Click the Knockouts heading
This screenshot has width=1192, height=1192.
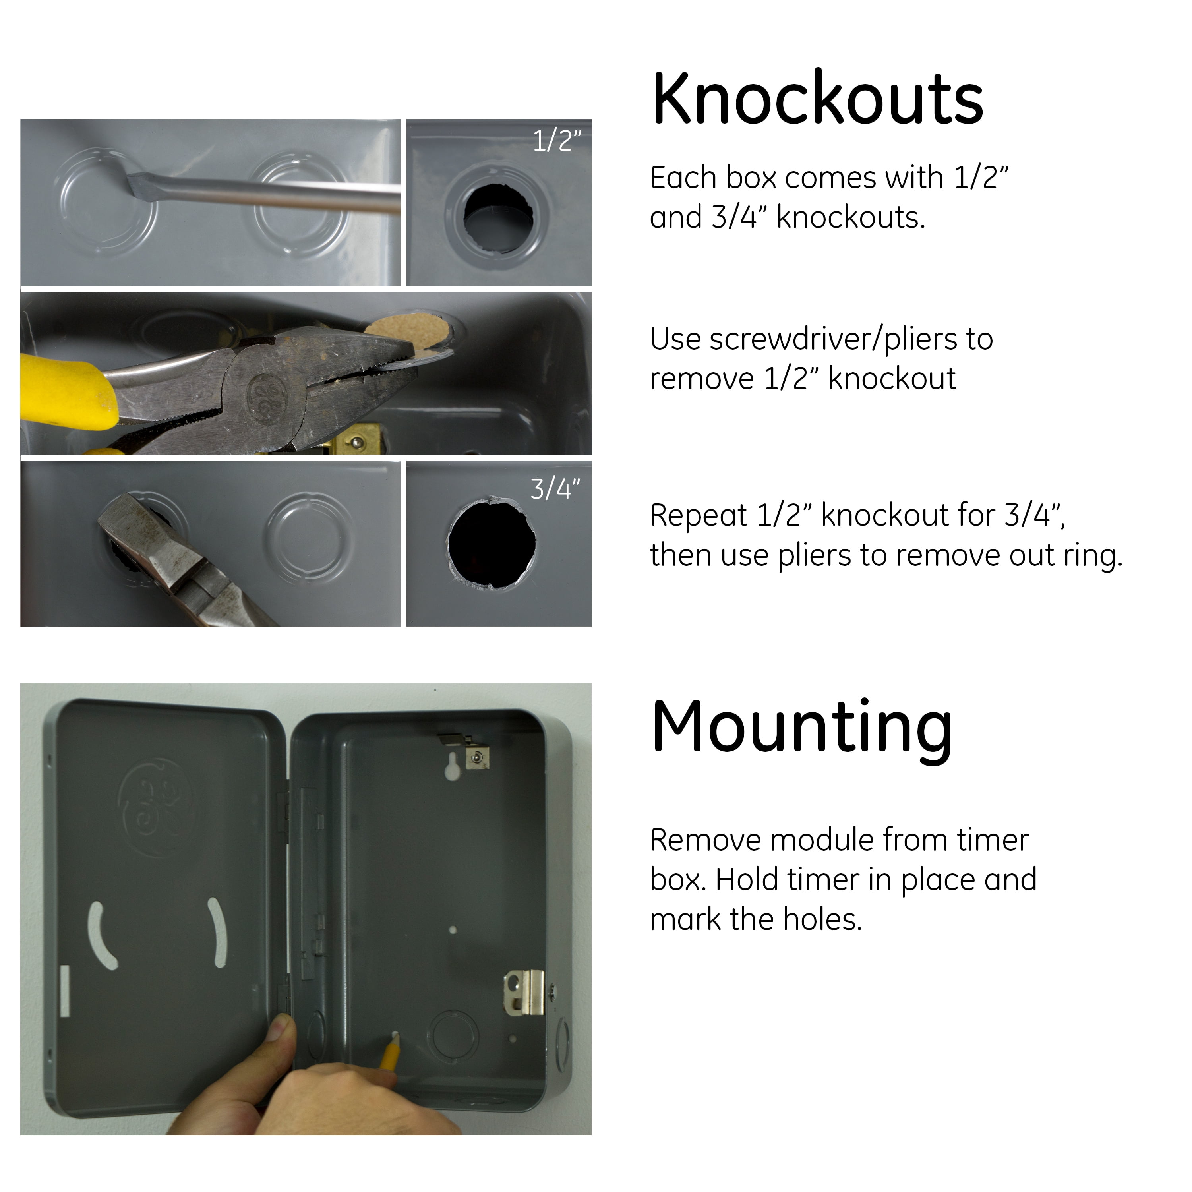coord(817,98)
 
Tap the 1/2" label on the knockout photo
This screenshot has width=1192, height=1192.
coord(557,141)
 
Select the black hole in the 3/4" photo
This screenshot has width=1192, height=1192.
coord(492,544)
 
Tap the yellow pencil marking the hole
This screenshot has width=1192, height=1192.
coord(390,1055)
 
